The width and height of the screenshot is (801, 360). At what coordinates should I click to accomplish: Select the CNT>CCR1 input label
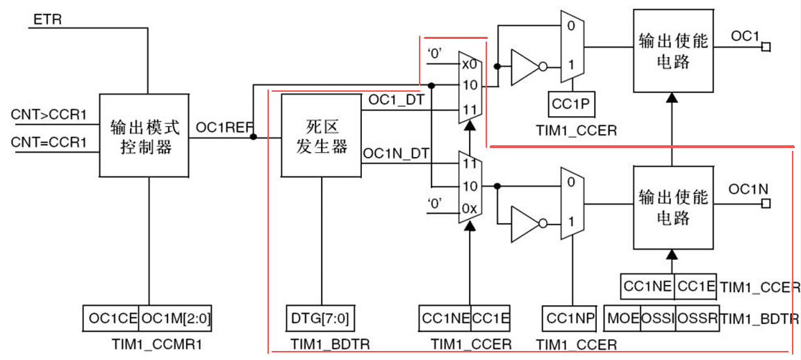point(48,114)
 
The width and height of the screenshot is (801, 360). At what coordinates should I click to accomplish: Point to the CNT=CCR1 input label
point(48,142)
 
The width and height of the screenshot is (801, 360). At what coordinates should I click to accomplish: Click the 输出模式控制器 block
point(144,137)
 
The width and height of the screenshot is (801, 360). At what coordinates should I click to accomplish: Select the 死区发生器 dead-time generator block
point(321,136)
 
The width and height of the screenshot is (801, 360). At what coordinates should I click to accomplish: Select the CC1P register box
point(571,104)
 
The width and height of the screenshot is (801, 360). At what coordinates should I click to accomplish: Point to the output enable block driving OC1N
point(672,207)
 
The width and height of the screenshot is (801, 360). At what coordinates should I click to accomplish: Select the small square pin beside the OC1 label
point(766,47)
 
